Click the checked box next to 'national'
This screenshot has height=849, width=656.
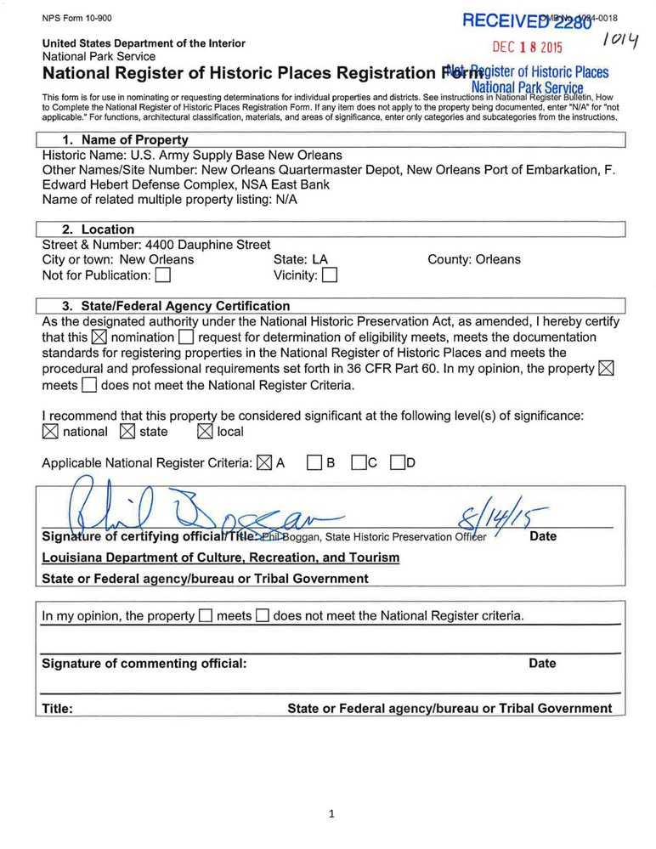coord(50,432)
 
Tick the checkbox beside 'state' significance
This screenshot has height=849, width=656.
coord(127,432)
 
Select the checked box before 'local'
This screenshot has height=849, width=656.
coord(205,432)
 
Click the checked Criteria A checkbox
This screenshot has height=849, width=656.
coord(263,463)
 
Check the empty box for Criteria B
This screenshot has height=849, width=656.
coord(314,463)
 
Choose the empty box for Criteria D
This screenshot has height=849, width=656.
coord(397,463)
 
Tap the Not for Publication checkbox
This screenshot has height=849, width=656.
coord(163,275)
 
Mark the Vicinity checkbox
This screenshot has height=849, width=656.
coord(330,275)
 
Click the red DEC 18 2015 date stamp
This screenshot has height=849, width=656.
coord(528,48)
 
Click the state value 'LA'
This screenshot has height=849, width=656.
coord(320,259)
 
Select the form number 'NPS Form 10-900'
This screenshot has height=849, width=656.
coord(76,18)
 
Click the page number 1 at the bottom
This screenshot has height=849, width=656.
coord(331,814)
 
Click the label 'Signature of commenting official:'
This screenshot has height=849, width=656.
coord(144,664)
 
